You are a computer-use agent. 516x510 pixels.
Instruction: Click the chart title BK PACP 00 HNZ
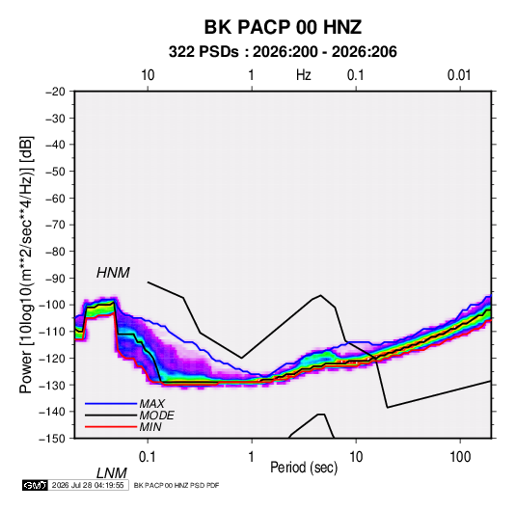283,27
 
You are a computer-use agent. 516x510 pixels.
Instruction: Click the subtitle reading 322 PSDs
204,52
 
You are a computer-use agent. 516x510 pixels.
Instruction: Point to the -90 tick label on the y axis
55,279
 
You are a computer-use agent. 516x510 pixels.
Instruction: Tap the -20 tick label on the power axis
55,92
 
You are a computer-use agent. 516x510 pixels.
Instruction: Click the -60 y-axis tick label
55,198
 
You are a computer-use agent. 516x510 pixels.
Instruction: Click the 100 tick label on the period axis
460,457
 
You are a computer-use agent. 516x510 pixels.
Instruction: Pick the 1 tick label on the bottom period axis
251,457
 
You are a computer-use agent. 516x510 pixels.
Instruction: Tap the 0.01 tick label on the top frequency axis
459,75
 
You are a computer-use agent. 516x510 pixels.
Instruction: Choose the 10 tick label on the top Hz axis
148,75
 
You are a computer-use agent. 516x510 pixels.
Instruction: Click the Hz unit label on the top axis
304,75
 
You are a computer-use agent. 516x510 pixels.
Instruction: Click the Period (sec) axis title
304,468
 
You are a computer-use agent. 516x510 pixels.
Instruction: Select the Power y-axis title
26,264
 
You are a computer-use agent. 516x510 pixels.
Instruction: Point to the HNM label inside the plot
113,273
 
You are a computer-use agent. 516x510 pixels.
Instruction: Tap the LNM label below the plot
112,473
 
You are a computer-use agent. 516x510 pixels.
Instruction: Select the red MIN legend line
111,427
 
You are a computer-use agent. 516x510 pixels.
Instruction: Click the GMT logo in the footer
35,485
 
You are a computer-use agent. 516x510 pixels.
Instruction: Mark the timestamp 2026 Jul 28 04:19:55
88,485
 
